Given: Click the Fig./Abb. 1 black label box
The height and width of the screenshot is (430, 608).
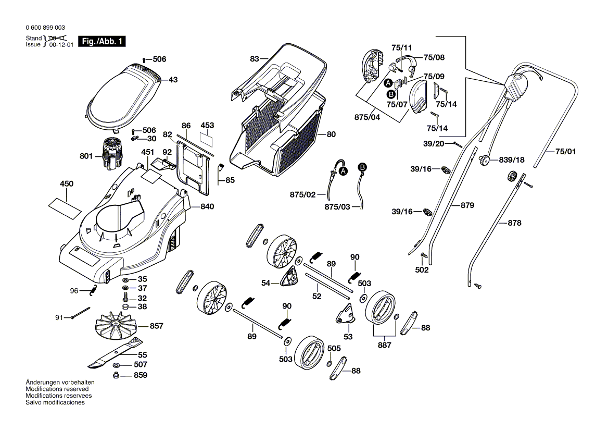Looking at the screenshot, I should [x=102, y=42].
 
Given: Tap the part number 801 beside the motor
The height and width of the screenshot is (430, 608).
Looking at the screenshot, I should [x=86, y=155].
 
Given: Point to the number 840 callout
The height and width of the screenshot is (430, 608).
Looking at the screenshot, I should [x=207, y=206].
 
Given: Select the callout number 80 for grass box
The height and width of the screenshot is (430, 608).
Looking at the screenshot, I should [x=332, y=134].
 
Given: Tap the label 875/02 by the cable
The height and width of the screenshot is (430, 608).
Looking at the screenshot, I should [x=302, y=194].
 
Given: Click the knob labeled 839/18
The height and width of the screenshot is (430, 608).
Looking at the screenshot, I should [x=485, y=160].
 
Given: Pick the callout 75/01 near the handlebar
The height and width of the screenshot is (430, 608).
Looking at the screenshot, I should [x=566, y=152].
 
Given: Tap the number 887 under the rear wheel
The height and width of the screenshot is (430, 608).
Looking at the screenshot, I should [x=385, y=345].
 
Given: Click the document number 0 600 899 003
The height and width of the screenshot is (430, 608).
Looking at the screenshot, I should [x=45, y=28].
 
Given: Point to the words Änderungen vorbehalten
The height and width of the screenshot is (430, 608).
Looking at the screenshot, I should [x=60, y=382].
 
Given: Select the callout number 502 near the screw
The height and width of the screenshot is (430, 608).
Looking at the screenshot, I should [x=422, y=270].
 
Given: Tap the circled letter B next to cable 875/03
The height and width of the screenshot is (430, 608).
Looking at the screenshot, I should [x=362, y=167].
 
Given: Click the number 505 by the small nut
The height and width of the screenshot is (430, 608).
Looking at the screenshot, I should [x=334, y=348].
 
